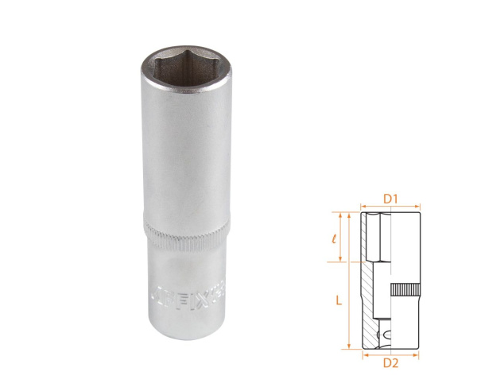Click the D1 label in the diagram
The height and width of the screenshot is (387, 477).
390,196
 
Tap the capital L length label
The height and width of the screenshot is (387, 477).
338,300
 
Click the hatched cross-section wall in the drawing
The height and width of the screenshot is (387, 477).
371,302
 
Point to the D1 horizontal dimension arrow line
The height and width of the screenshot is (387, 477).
390,206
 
